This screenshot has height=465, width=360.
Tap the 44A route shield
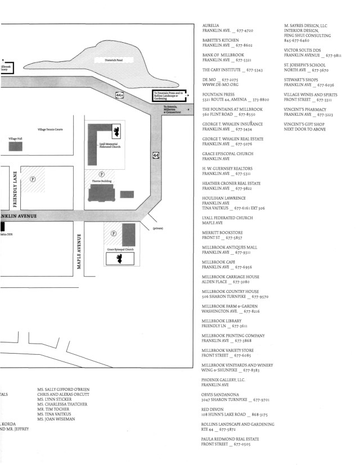pyautogui.click(x=119, y=96)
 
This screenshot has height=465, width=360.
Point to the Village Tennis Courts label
pyautogui.click(x=51, y=129)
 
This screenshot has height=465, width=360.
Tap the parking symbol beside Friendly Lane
pyautogui.click(x=33, y=179)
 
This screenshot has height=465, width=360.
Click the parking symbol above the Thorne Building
pyautogui.click(x=102, y=174)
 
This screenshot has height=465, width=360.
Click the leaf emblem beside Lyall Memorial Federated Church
pyautogui.click(x=115, y=132)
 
